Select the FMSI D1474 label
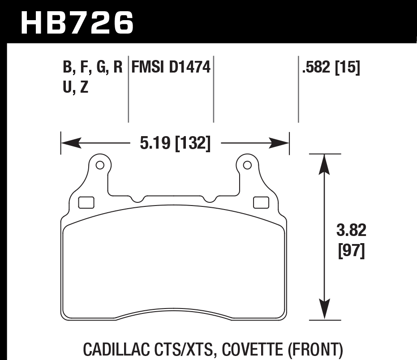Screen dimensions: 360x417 (171, 68)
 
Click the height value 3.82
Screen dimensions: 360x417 (351, 231)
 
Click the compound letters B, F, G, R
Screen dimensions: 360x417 (93, 68)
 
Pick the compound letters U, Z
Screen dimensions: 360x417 (75, 87)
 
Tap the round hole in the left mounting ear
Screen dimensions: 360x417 (100, 165)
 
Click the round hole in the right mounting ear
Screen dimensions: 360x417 (247, 165)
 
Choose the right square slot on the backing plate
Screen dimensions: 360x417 (260, 202)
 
